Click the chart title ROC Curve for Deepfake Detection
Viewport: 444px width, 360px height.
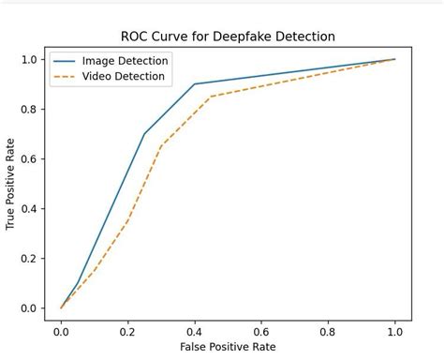click(x=228, y=37)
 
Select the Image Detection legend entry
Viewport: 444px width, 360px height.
click(x=125, y=61)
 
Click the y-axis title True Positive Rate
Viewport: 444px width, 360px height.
click(x=11, y=183)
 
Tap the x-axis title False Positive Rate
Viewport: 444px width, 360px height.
click(x=228, y=348)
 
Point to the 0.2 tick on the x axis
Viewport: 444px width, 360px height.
click(x=128, y=330)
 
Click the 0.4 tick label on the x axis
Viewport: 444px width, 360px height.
click(x=195, y=330)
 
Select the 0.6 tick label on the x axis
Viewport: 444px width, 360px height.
click(x=261, y=330)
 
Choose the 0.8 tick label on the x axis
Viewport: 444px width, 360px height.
click(x=328, y=330)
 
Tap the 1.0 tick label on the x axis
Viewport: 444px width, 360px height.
click(x=394, y=330)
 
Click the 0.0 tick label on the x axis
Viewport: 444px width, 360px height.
click(x=62, y=330)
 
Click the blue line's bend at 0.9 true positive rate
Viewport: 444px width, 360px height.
click(x=195, y=84)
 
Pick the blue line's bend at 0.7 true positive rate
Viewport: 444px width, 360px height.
click(x=144, y=134)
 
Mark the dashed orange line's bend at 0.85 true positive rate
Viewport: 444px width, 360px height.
click(x=211, y=97)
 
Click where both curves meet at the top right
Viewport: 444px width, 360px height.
click(x=394, y=59)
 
